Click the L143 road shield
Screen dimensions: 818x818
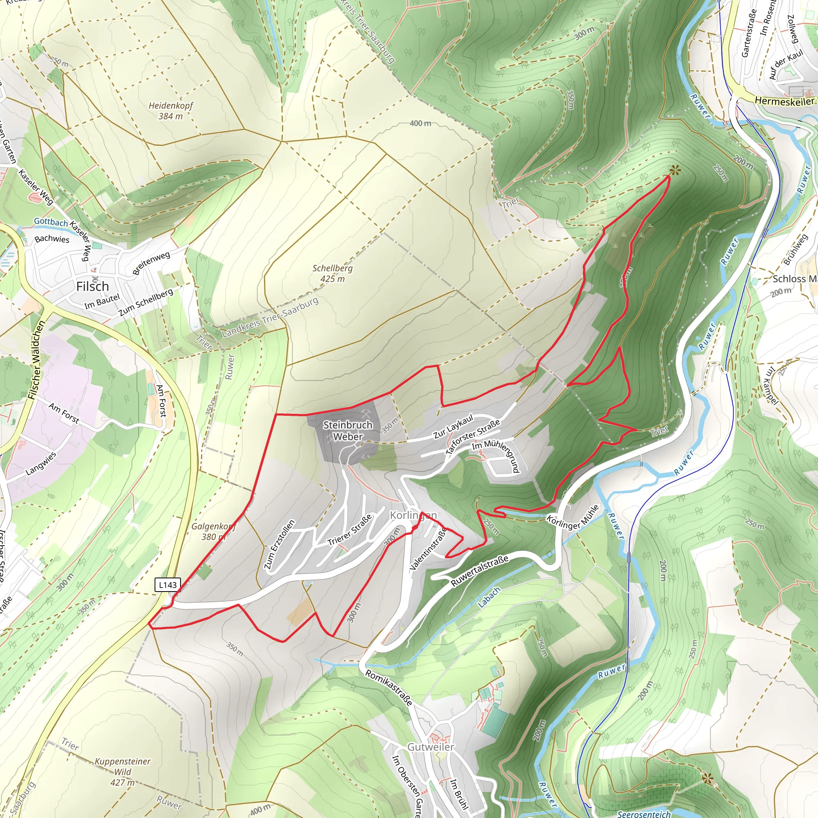point(168,585)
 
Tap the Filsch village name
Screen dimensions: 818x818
point(92,287)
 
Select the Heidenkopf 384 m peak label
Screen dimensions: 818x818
point(171,111)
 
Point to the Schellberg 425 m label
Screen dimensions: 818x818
point(332,273)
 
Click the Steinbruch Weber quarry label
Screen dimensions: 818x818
point(347,430)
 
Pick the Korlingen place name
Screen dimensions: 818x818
point(413,515)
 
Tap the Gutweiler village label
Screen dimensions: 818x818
point(431,747)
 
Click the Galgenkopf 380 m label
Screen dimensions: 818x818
point(213,531)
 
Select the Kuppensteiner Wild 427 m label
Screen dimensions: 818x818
point(122,771)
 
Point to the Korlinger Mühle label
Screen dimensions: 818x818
point(573,517)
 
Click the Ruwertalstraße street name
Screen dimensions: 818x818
point(479,572)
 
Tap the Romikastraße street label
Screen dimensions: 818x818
point(389,688)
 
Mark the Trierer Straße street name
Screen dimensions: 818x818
point(350,530)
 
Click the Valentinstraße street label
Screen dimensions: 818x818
point(429,548)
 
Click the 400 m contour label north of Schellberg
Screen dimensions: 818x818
point(420,123)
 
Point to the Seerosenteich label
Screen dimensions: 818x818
point(643,813)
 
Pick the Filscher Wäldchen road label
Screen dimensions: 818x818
point(36,360)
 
